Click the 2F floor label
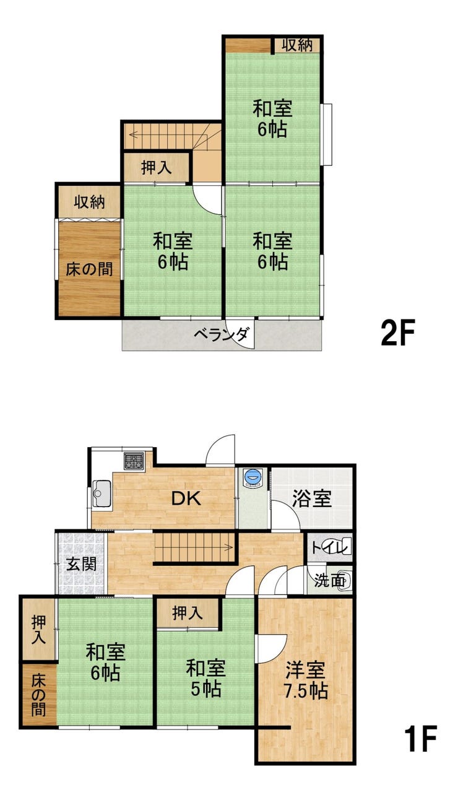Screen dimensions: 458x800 point(398,333)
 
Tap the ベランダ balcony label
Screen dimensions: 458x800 point(222,334)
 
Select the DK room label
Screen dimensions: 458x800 point(186,498)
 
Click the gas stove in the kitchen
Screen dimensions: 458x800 point(134,461)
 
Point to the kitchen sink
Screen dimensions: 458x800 point(102,493)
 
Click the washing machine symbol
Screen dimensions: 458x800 point(253,477)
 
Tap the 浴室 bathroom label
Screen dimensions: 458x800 point(312,499)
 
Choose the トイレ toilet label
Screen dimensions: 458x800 point(331,547)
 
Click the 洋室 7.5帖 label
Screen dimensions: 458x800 point(306,690)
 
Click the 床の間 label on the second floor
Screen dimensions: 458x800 point(89,269)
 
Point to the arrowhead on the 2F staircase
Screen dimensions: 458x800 point(134,135)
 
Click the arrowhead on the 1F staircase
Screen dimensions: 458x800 point(230,547)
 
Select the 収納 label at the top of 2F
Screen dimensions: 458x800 point(298,45)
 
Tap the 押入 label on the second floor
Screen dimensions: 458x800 point(157,168)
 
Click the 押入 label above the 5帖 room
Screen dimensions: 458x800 point(188,613)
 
